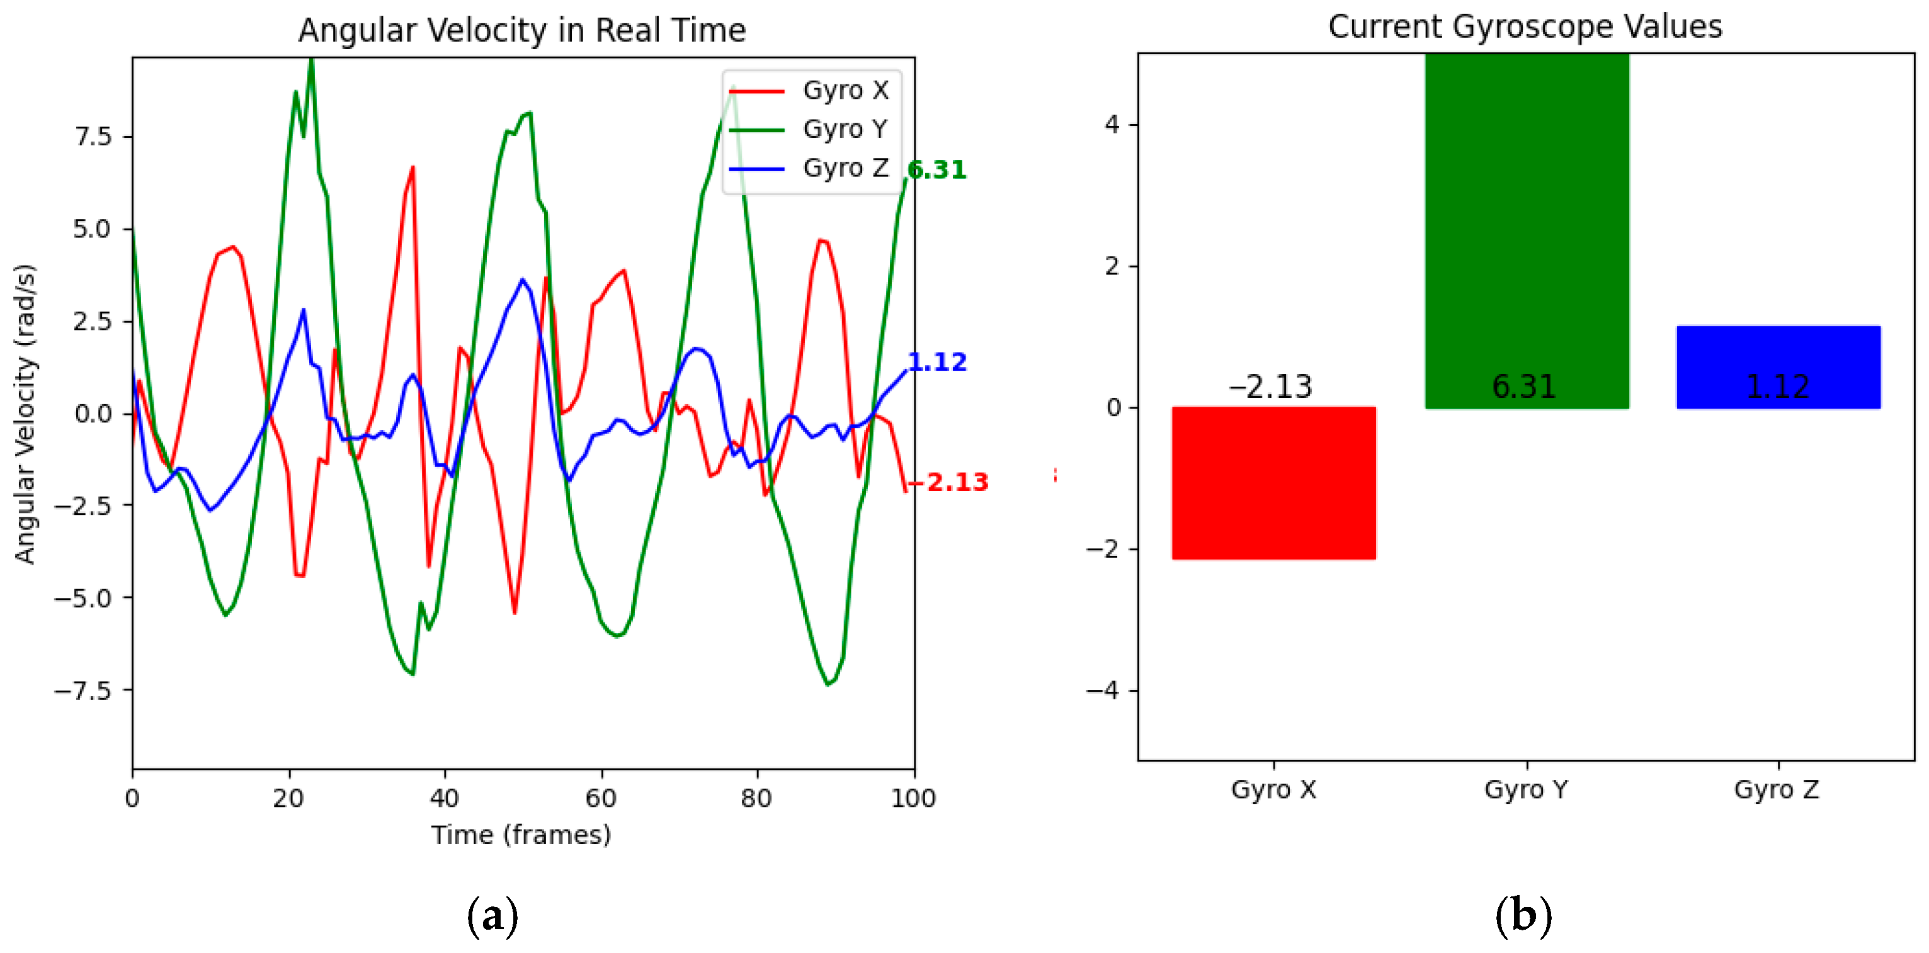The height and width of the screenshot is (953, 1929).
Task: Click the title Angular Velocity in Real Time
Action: tap(522, 31)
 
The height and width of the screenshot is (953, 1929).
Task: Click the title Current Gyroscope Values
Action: tap(1525, 27)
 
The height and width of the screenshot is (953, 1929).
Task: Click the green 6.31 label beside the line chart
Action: tap(937, 170)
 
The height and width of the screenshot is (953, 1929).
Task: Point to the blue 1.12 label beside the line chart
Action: tap(937, 363)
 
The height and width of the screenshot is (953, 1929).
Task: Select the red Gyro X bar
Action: tap(1273, 483)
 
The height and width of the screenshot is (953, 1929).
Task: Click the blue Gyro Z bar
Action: tap(1778, 367)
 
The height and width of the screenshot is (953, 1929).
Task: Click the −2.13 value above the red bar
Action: tap(1271, 387)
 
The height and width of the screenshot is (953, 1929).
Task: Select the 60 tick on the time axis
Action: tap(601, 798)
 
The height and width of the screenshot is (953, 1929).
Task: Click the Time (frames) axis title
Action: tap(521, 835)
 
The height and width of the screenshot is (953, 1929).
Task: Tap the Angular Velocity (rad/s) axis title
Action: tap(25, 414)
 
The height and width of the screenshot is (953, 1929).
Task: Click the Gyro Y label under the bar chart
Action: tap(1526, 789)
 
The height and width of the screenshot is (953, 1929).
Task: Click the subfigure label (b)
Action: tap(1523, 916)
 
